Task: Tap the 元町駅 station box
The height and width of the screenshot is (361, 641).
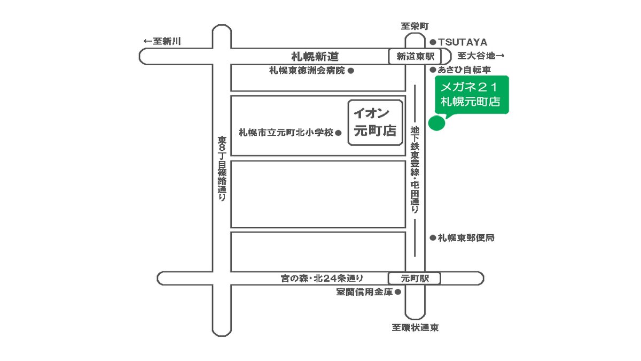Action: [x=415, y=278]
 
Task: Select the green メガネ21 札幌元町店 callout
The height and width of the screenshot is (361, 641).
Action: [x=471, y=95]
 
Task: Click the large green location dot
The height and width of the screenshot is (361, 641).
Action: [x=437, y=122]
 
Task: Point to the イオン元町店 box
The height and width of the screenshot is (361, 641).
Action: [x=376, y=122]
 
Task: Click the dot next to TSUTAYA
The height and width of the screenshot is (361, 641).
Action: [x=433, y=42]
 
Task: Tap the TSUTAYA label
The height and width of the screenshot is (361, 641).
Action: [x=463, y=42]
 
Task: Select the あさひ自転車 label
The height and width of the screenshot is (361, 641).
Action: [x=465, y=70]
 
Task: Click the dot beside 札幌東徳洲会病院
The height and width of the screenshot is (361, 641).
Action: [x=351, y=70]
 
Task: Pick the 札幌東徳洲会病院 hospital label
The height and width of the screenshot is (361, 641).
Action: [x=307, y=70]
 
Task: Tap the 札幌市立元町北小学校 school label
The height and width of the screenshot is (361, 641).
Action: [x=286, y=132]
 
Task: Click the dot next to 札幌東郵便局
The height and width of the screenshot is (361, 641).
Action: [x=433, y=238]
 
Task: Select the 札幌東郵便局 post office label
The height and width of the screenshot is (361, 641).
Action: [x=466, y=238]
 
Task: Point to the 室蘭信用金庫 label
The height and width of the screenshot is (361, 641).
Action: [x=364, y=292]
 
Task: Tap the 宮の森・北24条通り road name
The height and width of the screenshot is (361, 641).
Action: [x=322, y=278]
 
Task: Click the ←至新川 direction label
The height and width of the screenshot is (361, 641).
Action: [x=162, y=42]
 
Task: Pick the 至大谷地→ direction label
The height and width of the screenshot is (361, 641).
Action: [x=481, y=56]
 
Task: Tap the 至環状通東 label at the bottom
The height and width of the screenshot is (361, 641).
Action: [x=415, y=328]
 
